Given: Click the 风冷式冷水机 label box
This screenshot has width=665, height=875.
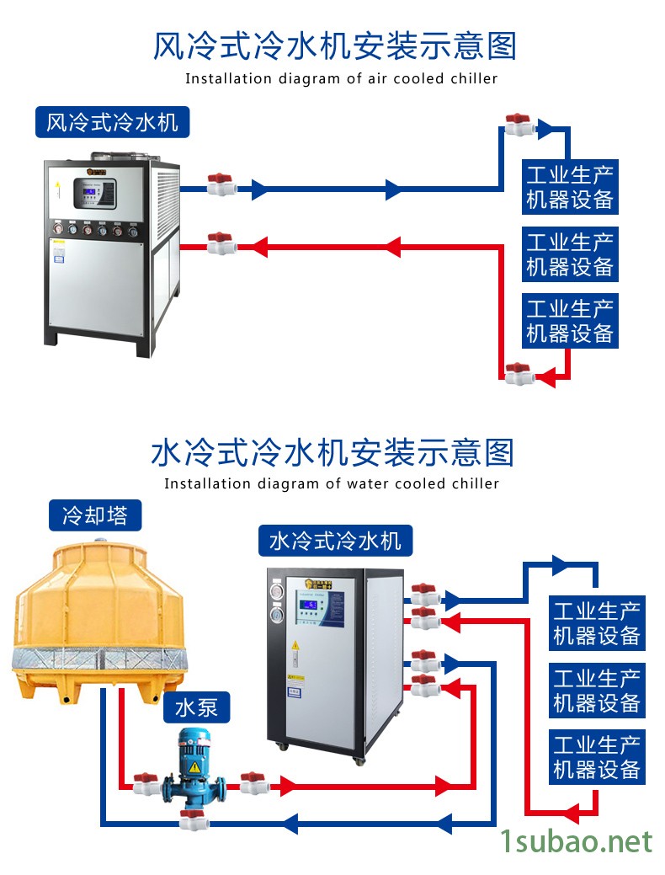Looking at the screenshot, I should [112, 123].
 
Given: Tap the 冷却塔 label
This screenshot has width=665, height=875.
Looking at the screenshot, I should [94, 515].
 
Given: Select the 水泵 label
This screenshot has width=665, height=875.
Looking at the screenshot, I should [196, 708].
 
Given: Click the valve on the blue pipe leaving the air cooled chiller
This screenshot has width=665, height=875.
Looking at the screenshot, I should [221, 184].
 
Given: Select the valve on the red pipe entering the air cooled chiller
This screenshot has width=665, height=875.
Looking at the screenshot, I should [221, 244].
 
